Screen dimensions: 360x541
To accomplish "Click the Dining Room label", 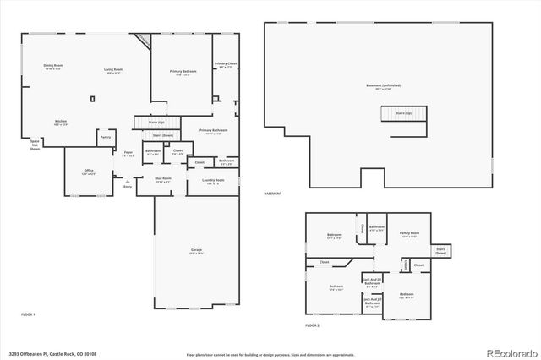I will coord(53,67).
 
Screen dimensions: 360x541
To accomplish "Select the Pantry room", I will coord(105,137).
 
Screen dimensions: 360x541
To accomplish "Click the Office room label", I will coord(88,172).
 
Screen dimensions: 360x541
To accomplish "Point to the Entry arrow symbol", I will coord(127,181).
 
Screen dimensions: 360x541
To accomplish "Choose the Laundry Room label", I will coord(213,181).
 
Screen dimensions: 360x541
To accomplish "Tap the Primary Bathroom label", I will coord(213,131).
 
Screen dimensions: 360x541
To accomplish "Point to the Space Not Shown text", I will coord(36,145).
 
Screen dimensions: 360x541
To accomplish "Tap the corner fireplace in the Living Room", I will coord(144,41).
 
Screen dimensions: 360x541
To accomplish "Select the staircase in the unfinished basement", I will coord(402,113).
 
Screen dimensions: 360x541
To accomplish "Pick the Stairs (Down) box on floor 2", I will coord(441,250).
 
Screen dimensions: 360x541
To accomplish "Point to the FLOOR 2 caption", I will coord(313,325).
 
